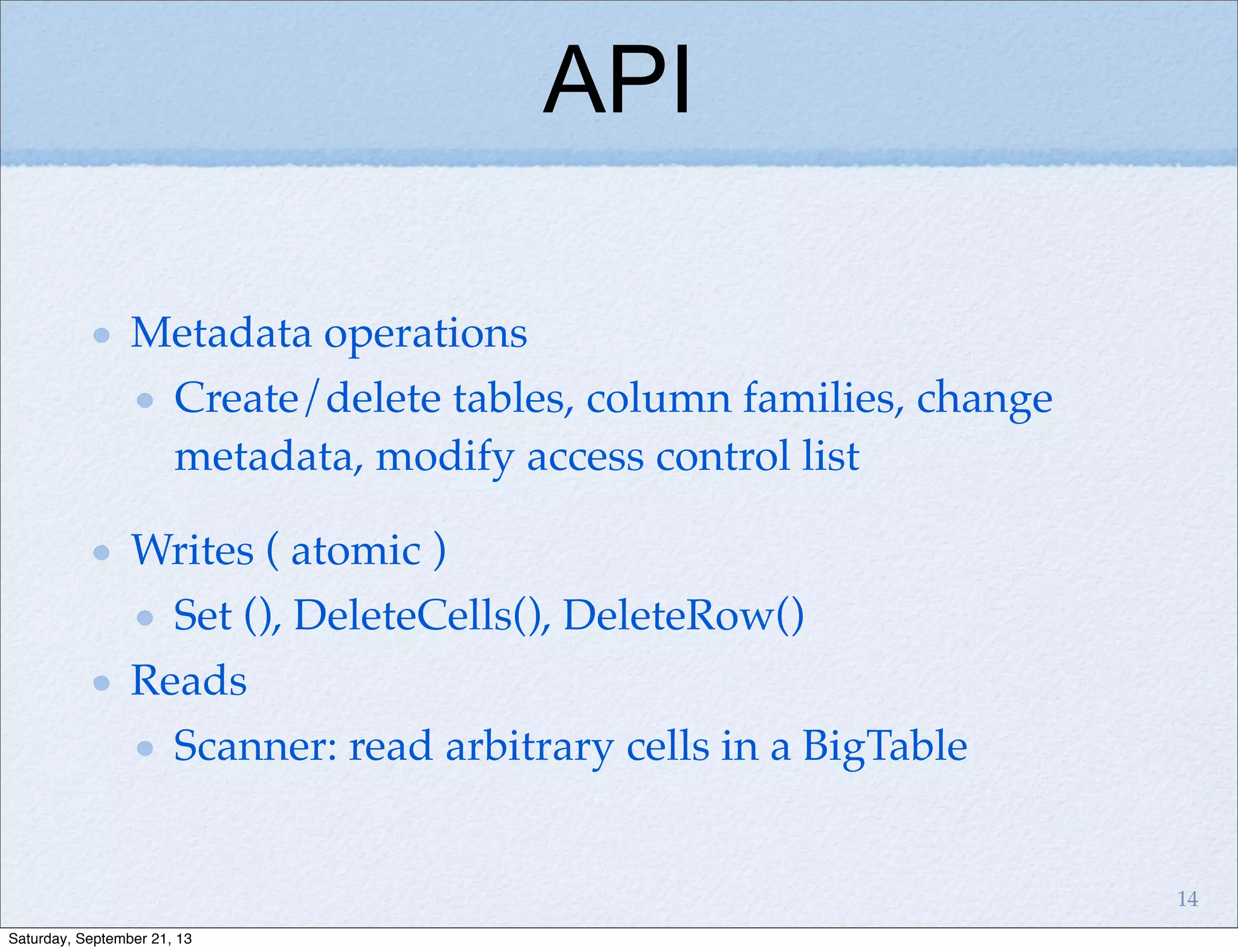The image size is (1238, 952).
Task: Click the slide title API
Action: (x=617, y=80)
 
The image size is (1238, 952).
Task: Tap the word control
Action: (x=722, y=456)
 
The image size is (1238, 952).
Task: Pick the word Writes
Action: (x=192, y=550)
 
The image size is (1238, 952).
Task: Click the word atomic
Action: (x=355, y=552)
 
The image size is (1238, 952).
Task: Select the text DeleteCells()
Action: (x=421, y=616)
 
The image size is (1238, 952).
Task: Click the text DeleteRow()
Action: (x=683, y=616)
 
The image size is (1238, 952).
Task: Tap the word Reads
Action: (x=189, y=681)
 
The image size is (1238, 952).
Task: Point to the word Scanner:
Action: (x=254, y=746)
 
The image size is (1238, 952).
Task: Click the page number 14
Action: (x=1187, y=899)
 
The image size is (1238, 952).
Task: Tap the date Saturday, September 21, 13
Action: (x=100, y=939)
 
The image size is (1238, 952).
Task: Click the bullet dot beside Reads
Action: (x=102, y=683)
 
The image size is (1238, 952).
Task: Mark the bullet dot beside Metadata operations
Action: (x=102, y=335)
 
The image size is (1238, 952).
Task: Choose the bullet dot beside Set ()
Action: (x=144, y=617)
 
